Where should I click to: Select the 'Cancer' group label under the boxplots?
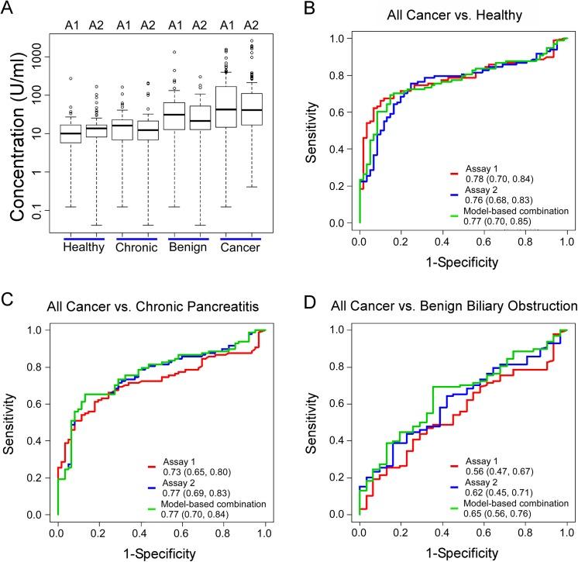pyautogui.click(x=243, y=247)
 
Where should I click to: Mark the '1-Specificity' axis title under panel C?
pyautogui.click(x=162, y=553)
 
